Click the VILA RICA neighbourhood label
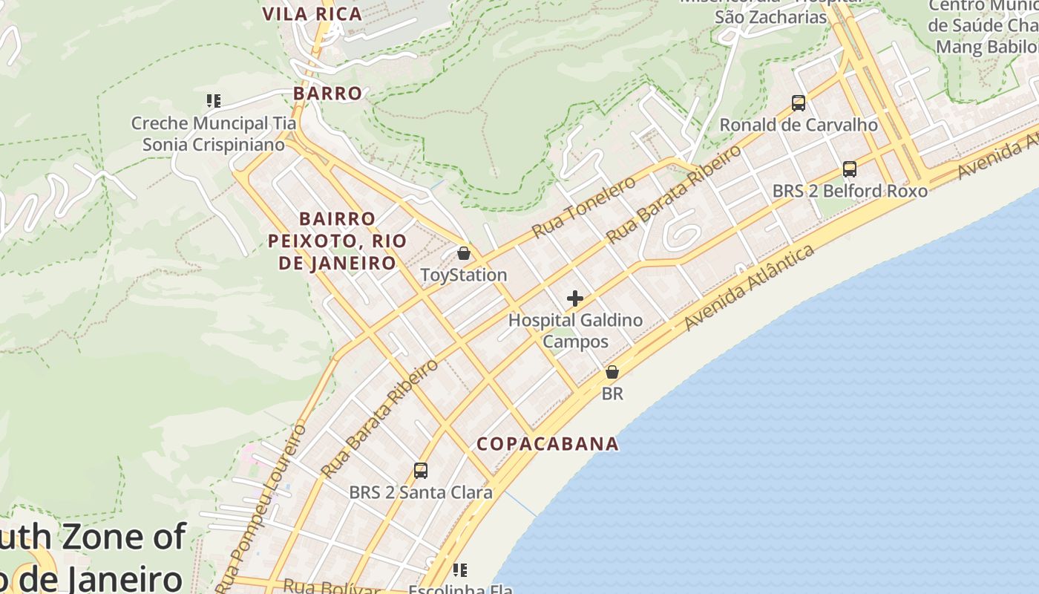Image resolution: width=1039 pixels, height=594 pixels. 312,13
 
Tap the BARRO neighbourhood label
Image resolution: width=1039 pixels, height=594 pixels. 327,94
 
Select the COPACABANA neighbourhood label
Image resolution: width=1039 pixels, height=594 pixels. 548,444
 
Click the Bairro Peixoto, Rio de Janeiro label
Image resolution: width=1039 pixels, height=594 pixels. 337,241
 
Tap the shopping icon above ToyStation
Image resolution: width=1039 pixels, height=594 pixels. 464,253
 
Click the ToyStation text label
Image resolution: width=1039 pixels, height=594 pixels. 464,275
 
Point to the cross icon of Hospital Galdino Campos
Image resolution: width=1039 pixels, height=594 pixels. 575,298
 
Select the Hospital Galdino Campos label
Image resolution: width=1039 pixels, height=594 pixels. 575,331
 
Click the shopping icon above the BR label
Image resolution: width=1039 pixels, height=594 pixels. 612,372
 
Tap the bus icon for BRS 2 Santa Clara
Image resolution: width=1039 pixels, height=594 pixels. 421,470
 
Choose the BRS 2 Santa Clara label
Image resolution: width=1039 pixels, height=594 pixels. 421,492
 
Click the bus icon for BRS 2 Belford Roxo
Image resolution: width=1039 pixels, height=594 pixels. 850,169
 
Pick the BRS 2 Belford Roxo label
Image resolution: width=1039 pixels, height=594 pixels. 850,191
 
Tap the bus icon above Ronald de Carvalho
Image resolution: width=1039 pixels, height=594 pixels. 799,103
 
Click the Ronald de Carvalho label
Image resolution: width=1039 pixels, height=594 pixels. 799,125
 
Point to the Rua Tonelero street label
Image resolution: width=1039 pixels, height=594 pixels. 584,207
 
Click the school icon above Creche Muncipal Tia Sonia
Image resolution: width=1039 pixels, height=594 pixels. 214,100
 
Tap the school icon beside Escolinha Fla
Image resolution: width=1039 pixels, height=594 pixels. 460,570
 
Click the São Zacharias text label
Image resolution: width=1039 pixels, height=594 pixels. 770,16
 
